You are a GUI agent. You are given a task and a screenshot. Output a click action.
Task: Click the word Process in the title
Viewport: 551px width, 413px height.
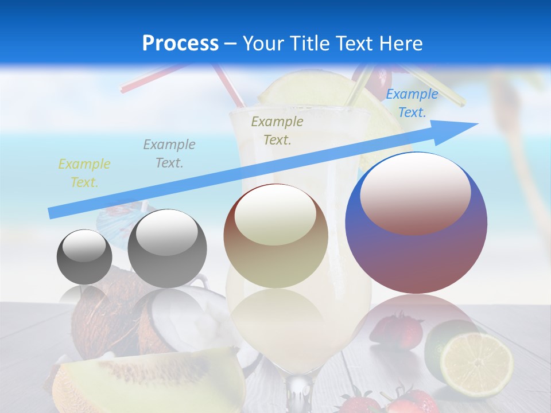pos(180,44)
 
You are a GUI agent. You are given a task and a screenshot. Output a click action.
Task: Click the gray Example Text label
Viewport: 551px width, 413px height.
pos(169,153)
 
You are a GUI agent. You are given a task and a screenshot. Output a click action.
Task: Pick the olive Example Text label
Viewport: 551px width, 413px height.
pos(277,130)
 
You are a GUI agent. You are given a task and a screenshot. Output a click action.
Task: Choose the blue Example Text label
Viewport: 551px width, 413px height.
pos(412,103)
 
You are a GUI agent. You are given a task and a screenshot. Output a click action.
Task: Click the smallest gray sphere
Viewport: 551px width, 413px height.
pos(84,257)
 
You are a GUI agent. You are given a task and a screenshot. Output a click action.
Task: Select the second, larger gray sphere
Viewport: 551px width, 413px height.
pos(167,249)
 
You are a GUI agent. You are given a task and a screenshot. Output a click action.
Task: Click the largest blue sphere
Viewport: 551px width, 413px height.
pos(416,252)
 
